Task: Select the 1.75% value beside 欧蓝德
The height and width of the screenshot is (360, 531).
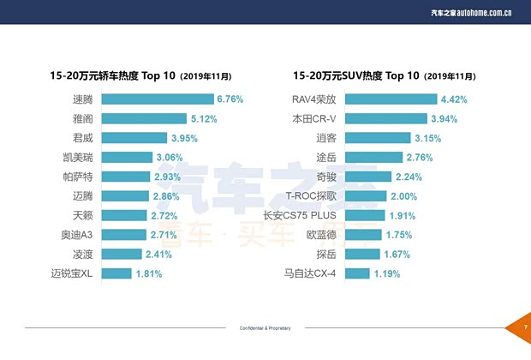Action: [398, 235]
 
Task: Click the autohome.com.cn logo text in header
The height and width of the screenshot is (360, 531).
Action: [484, 14]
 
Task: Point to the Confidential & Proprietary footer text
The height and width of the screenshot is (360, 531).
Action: [265, 328]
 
